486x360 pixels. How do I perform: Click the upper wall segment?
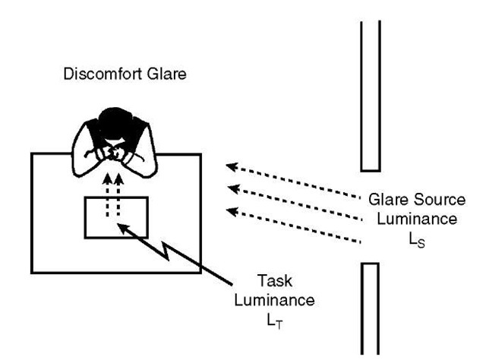[x=369, y=91]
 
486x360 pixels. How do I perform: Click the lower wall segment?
[x=369, y=308]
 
